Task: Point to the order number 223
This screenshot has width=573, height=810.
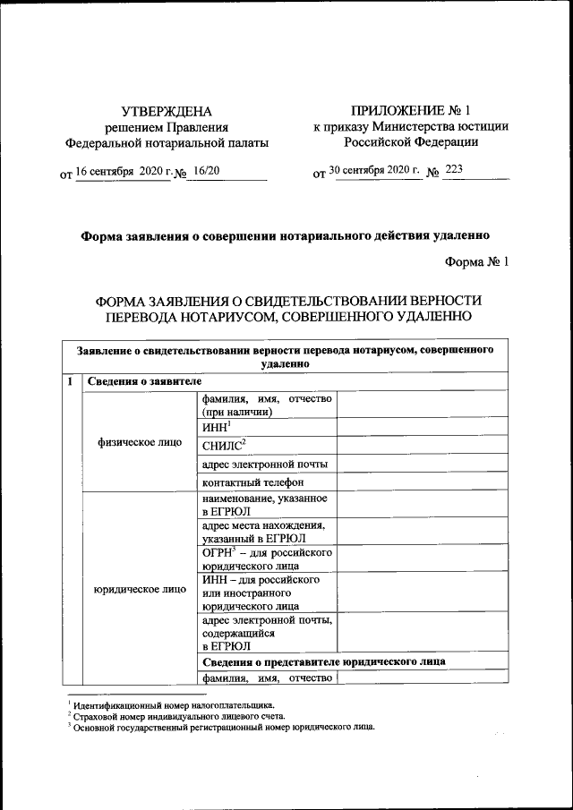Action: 455,169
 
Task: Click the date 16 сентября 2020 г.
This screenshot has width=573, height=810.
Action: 121,169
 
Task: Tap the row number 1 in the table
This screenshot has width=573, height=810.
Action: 71,382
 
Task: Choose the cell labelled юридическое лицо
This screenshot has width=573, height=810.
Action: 139,589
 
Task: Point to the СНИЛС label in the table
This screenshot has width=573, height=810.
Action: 225,445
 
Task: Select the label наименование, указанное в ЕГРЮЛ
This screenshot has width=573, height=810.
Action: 264,504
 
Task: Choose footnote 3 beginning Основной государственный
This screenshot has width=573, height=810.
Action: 224,727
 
